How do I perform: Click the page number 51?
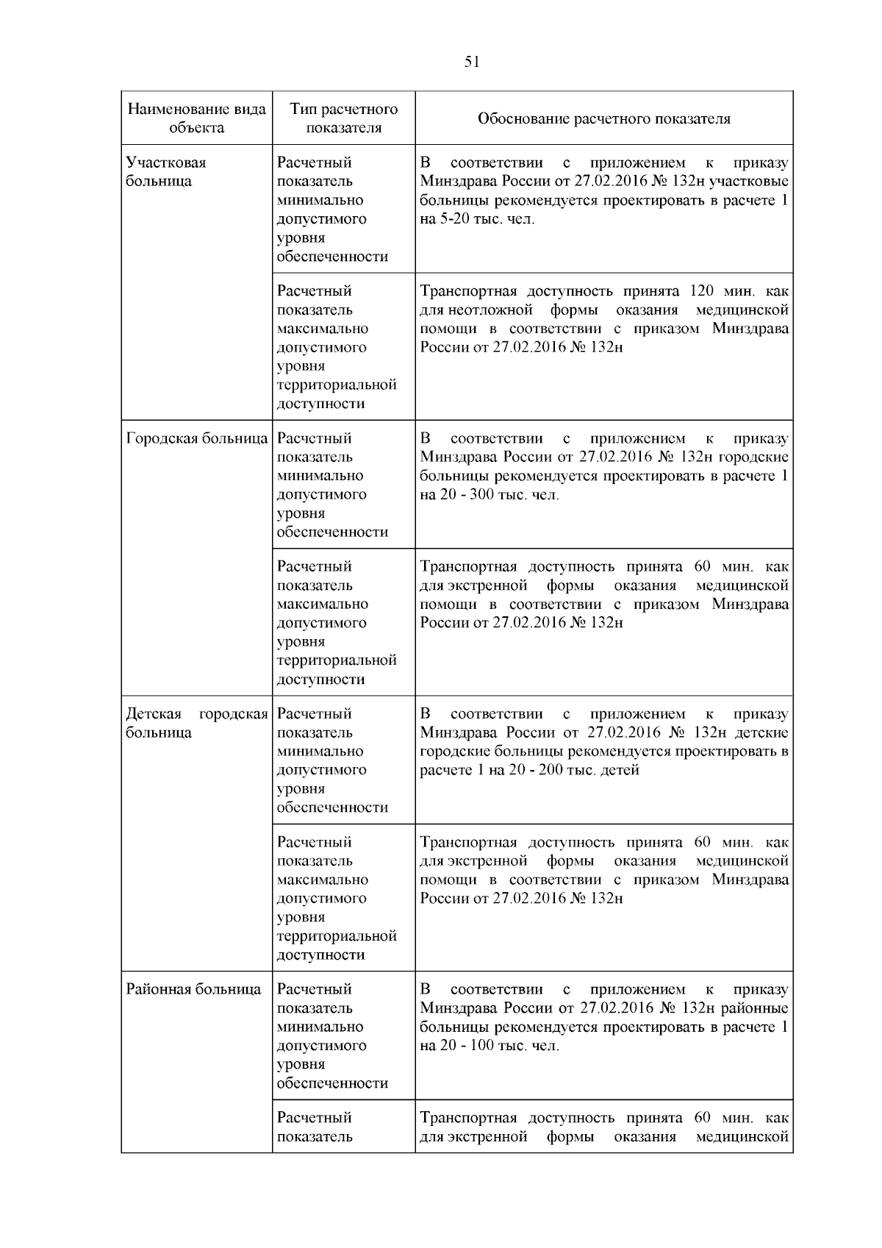(x=472, y=63)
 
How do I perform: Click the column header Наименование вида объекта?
(x=196, y=118)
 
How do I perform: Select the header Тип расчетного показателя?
(x=343, y=118)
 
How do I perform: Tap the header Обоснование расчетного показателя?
(x=603, y=119)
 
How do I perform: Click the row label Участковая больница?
(x=166, y=172)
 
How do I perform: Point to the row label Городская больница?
(x=196, y=439)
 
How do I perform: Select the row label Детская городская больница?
(x=196, y=724)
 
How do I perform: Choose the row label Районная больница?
(x=193, y=990)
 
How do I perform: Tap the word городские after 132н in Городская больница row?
(x=758, y=457)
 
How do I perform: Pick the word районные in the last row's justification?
(x=759, y=1008)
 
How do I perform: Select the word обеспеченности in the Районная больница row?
(x=332, y=1083)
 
